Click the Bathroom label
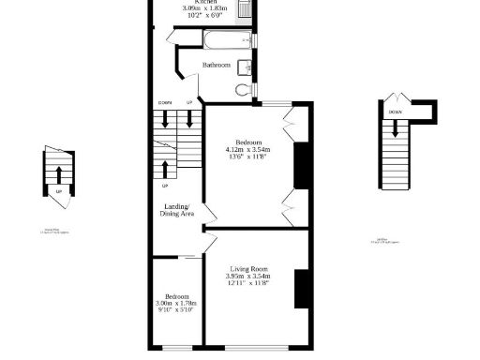tap(217, 65)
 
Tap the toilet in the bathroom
tap(244, 90)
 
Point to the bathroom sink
tap(244, 67)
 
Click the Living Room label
tap(247, 269)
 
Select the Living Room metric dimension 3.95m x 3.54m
tap(247, 277)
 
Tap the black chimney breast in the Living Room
tap(301, 288)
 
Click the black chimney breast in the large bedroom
tap(301, 167)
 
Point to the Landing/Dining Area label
tap(176, 210)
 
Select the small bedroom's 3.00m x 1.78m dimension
tap(174, 303)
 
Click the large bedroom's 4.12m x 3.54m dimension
tap(247, 150)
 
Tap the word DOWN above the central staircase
tap(165, 102)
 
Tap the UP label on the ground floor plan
tap(59, 192)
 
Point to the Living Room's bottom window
tap(246, 350)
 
